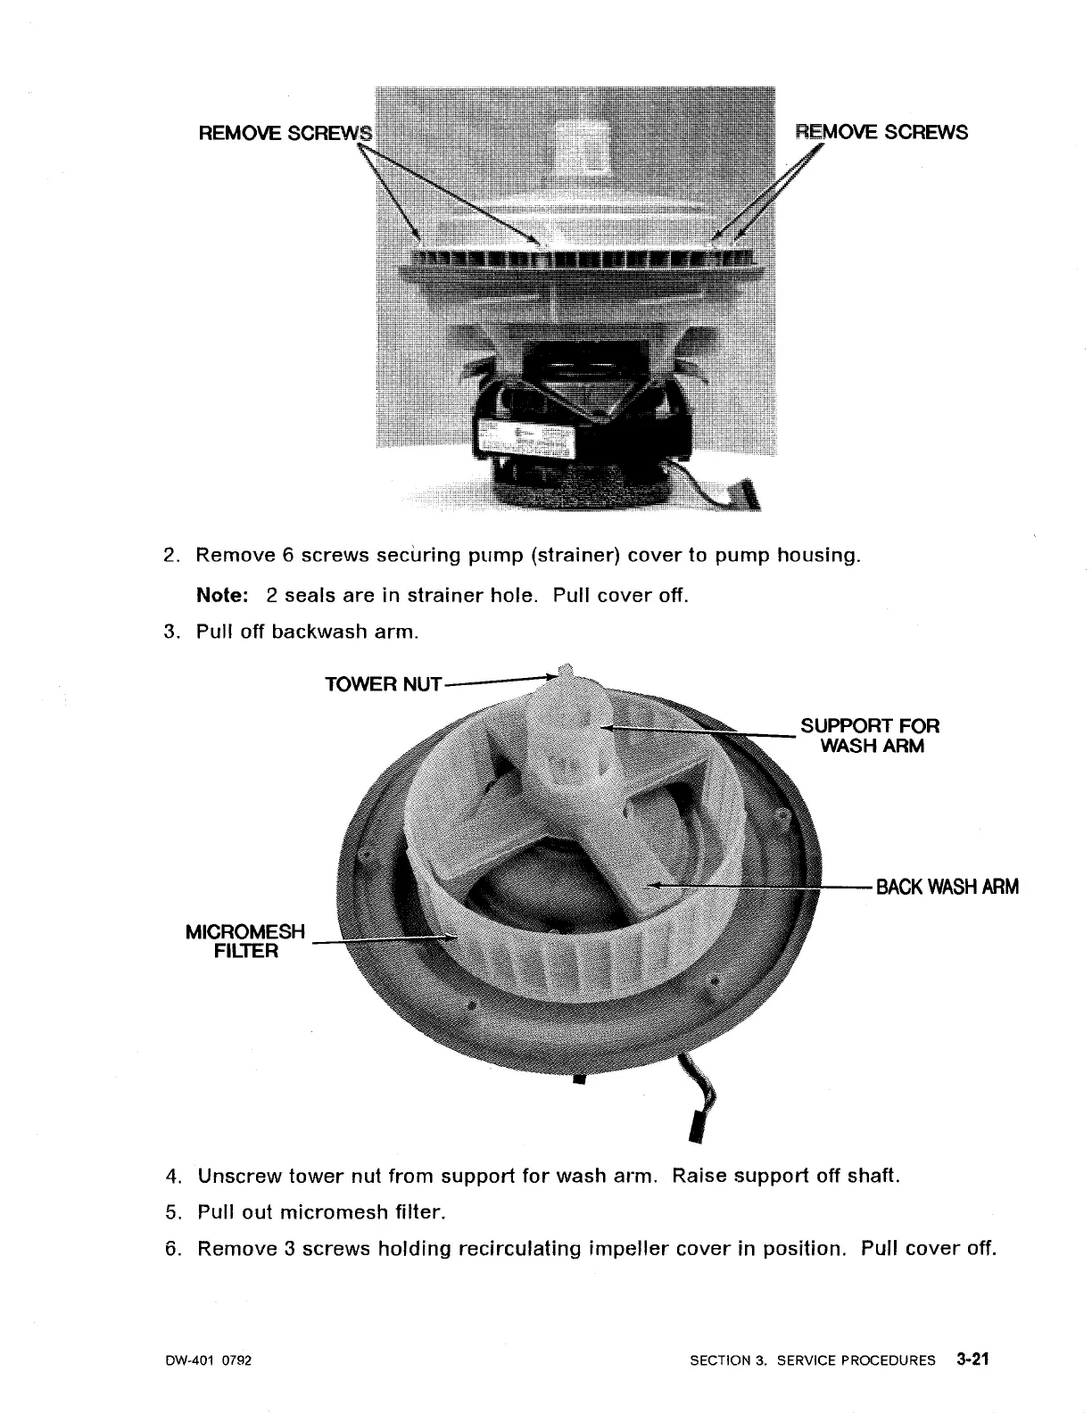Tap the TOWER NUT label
383,684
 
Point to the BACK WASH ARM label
947,887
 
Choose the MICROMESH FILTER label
244,941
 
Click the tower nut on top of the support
565,671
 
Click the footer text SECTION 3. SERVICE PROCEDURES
813,1360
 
